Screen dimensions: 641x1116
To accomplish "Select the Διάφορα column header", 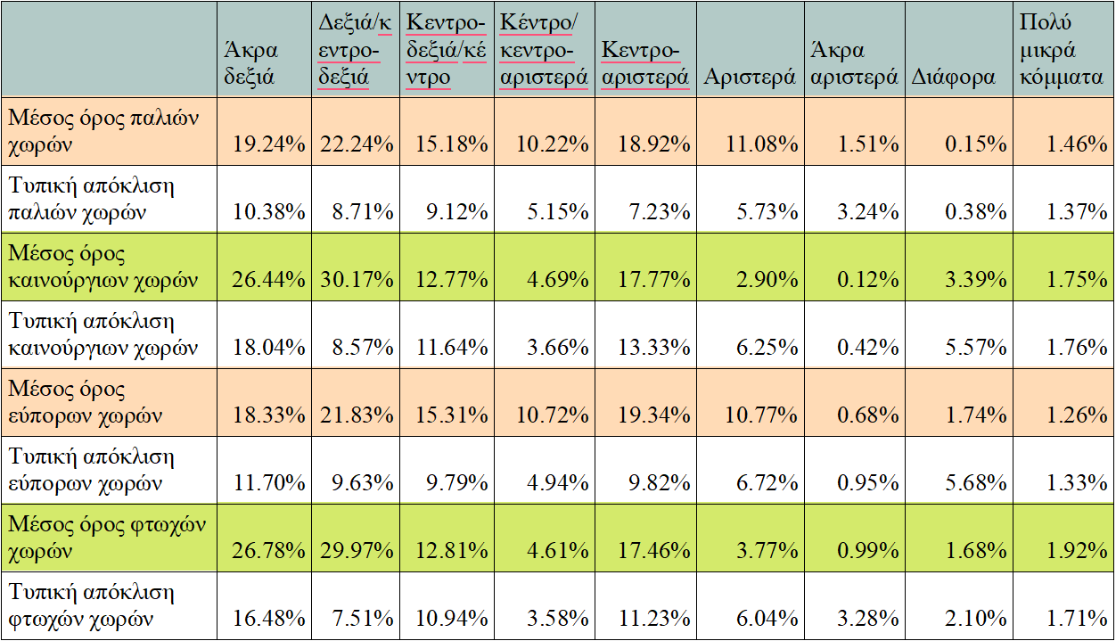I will (x=953, y=77).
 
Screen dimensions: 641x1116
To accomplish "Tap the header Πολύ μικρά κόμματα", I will (x=1060, y=50).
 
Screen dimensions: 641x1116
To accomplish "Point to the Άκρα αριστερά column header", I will (x=853, y=63).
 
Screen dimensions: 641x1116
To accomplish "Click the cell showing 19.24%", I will (x=269, y=144).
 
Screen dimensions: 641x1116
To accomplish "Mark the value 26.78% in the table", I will (x=269, y=550).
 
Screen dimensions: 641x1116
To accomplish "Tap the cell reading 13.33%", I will (x=652, y=347).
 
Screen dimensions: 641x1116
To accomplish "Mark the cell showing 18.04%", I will (x=269, y=347).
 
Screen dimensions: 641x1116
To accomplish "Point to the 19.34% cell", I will (x=652, y=415).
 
